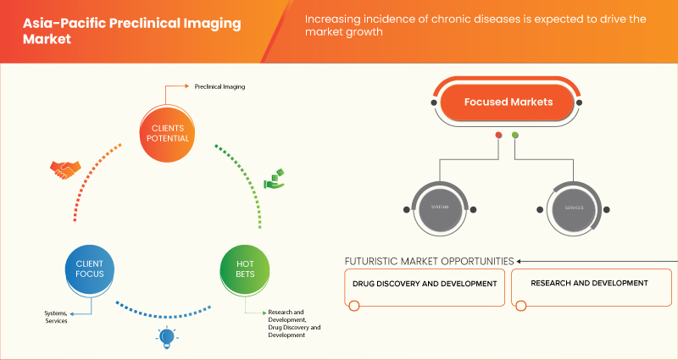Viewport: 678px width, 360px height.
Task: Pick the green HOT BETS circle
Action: click(x=244, y=271)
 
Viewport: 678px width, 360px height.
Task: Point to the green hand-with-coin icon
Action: click(x=273, y=179)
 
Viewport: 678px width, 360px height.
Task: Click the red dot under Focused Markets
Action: click(x=498, y=135)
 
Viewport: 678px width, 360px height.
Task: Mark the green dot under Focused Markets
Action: click(x=514, y=135)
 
